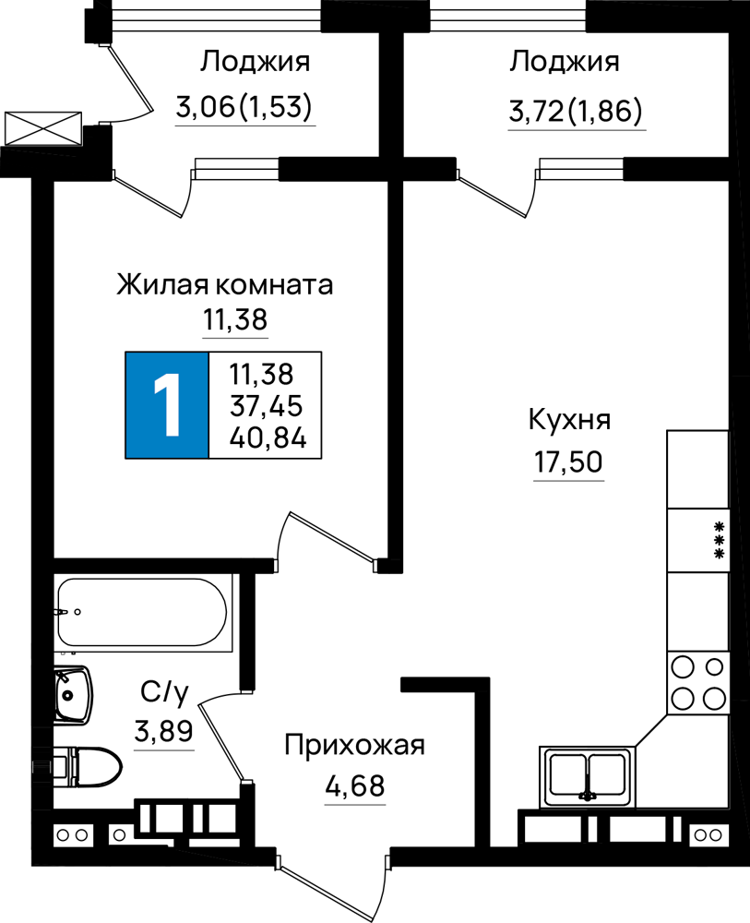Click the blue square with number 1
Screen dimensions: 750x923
[167, 405]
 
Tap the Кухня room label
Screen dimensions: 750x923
[569, 421]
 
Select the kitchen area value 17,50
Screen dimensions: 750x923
[568, 461]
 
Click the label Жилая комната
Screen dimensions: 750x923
[224, 284]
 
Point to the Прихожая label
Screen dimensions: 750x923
[354, 746]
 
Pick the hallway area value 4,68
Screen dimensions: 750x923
[355, 785]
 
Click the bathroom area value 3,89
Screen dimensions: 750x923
[163, 732]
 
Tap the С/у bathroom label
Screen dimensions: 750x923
[165, 692]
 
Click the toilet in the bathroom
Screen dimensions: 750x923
[88, 767]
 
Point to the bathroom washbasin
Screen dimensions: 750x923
[73, 695]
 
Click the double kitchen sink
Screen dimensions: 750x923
[588, 776]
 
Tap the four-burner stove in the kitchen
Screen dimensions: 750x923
[697, 683]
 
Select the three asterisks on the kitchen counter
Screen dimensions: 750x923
[719, 540]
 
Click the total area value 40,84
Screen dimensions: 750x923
[268, 438]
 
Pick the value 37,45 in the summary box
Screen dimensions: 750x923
[267, 405]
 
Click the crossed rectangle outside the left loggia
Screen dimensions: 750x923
[43, 127]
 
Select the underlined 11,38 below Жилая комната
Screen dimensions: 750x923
[235, 320]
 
